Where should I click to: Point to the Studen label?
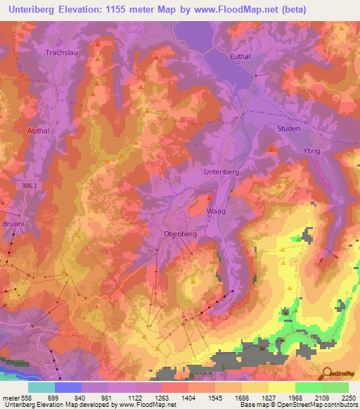coord(288,129)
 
